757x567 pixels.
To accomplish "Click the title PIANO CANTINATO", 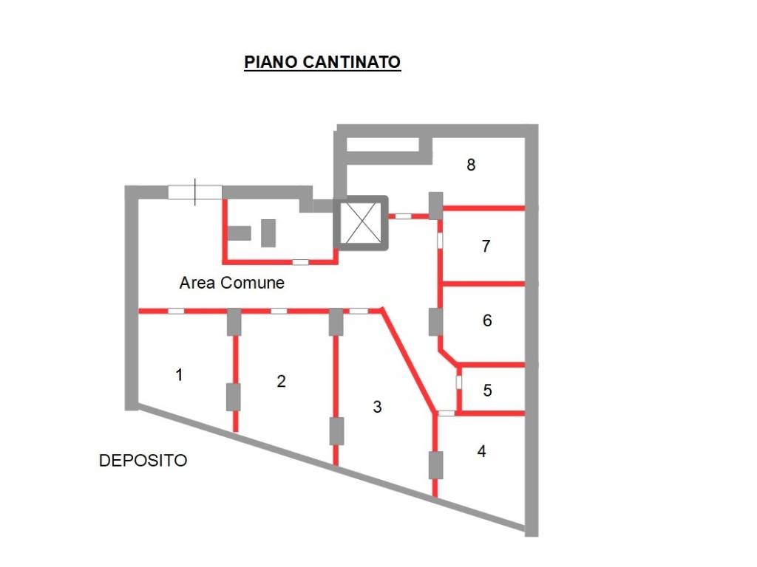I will pyautogui.click(x=322, y=62).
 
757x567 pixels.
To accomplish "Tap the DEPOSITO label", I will pyautogui.click(x=143, y=461).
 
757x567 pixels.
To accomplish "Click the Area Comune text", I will pyautogui.click(x=231, y=283).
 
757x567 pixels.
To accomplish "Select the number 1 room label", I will pyautogui.click(x=179, y=375).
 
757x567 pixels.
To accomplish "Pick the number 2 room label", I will pyautogui.click(x=281, y=382).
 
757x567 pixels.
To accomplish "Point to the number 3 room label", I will pyautogui.click(x=377, y=406).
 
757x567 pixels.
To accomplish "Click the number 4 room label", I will pyautogui.click(x=481, y=450).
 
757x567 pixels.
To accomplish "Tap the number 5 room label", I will pyautogui.click(x=487, y=390).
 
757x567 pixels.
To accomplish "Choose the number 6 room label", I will pyautogui.click(x=486, y=320).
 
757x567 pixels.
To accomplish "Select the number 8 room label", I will pyautogui.click(x=471, y=165).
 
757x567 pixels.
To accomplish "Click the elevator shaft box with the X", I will pyautogui.click(x=360, y=224).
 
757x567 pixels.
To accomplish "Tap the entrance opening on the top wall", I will pyautogui.click(x=195, y=192).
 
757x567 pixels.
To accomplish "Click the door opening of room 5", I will pyautogui.click(x=458, y=382).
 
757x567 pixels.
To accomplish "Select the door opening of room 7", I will pyautogui.click(x=440, y=241).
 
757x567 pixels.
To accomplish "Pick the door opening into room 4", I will pyautogui.click(x=447, y=413).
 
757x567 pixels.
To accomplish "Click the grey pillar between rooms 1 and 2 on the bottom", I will pyautogui.click(x=234, y=397).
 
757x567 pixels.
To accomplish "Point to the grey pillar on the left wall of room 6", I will pyautogui.click(x=435, y=322).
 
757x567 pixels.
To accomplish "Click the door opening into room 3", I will pyautogui.click(x=359, y=311).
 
